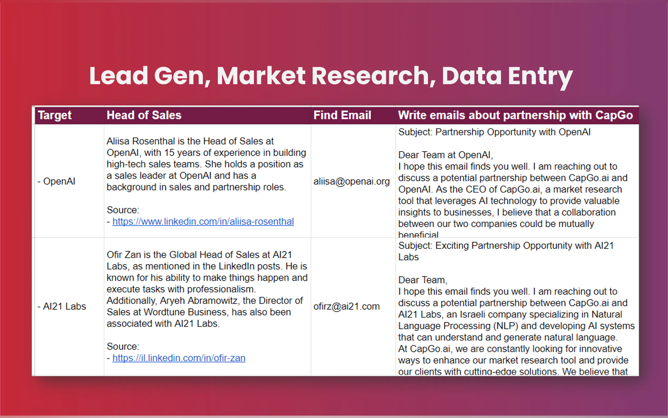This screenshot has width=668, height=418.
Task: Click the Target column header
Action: tap(55, 115)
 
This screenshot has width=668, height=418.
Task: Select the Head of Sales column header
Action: tap(144, 115)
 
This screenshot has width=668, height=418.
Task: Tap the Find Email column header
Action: tap(342, 115)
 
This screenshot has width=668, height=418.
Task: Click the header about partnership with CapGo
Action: tap(515, 115)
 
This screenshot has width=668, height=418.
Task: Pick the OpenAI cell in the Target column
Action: tap(56, 181)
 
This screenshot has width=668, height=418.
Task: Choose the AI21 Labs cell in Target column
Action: tap(62, 306)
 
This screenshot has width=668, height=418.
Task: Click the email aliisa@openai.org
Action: tap(352, 181)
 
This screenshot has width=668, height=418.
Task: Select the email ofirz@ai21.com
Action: tap(347, 306)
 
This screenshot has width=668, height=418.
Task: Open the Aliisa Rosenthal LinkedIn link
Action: tap(203, 221)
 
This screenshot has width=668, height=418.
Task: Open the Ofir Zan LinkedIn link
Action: tap(179, 358)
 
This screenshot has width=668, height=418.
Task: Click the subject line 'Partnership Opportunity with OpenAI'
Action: tap(513, 132)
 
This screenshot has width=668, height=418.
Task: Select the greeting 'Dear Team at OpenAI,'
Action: tap(446, 155)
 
